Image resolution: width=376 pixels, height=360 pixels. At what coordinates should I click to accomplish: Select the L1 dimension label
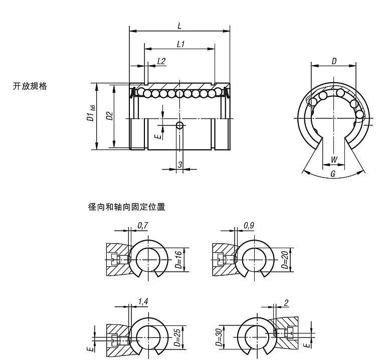point(181,44)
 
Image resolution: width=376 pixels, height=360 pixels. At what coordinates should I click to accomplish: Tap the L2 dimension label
point(161,61)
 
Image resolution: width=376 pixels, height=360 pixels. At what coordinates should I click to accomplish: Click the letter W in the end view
point(334,160)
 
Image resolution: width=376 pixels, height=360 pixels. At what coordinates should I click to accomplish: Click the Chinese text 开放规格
point(30,86)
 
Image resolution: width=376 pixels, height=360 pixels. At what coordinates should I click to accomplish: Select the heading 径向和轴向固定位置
point(126,206)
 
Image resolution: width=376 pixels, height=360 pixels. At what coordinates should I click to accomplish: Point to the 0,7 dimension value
point(142,226)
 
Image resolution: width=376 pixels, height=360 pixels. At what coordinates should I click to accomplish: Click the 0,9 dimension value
point(249,226)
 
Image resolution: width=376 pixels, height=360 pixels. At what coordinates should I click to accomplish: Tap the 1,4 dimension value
point(142,301)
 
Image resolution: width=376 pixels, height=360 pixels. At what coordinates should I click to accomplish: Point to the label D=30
point(220,337)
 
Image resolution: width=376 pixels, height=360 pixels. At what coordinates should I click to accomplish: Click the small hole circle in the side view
point(179,125)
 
